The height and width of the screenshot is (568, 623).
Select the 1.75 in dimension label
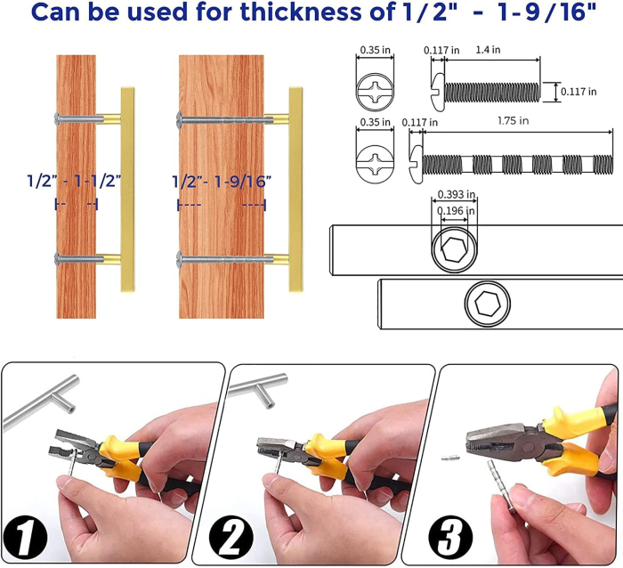pos(513,120)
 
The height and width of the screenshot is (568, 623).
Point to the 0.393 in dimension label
pos(456,194)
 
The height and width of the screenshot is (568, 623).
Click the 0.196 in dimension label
pos(456,211)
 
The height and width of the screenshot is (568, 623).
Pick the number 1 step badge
pos(25,538)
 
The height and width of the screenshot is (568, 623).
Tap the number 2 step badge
pos(231,538)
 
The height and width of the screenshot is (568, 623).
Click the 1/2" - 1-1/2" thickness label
pos(74,182)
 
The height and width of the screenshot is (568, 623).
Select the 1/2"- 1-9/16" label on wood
pos(222,182)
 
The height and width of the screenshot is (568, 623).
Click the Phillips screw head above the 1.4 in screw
pos(375,92)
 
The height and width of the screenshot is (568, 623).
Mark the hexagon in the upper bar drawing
pos(454,249)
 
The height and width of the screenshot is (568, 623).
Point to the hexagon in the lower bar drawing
pos(487,304)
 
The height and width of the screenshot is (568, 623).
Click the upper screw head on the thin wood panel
pos(58,118)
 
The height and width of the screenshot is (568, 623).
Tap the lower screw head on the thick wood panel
pos(179,259)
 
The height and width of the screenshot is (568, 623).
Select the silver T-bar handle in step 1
pos(42,402)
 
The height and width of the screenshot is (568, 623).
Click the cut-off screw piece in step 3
pos(450,458)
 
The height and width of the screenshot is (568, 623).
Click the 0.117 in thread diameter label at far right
pos(578,92)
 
